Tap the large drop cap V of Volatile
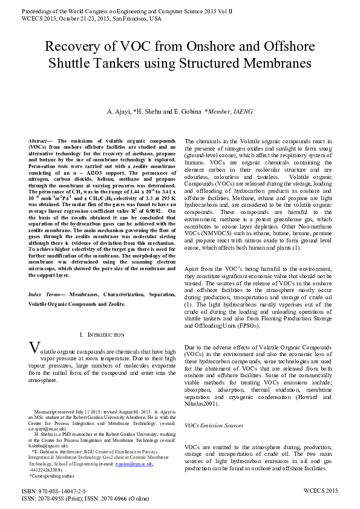click(x=35, y=349)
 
